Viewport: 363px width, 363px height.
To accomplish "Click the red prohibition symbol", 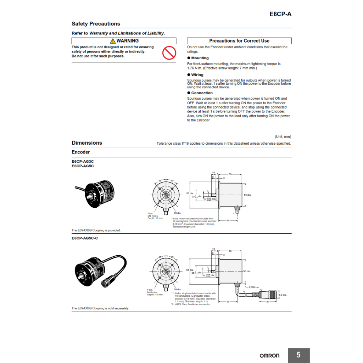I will pos(169,53).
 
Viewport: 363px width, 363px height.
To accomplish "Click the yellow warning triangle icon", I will pos(113,41).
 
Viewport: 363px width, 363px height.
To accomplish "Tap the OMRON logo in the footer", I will pos(269,356).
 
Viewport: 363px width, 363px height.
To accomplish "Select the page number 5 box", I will pos(298,355).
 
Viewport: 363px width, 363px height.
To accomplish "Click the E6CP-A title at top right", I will pos(280,14).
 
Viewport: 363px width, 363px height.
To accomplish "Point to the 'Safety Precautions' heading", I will pos(96,24).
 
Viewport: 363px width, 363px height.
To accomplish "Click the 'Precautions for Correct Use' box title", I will pos(239,41).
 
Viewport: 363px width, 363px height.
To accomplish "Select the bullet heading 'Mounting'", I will pos(200,58).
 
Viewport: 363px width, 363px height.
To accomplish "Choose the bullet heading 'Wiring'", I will pos(197,75).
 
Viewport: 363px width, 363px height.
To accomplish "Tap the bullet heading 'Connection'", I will pos(202,93).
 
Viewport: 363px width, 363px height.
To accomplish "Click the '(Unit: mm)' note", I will pos(283,136).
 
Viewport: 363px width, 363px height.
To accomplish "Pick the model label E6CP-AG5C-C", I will pos(85,238).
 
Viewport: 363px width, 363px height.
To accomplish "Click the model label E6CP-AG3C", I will pos(83,161).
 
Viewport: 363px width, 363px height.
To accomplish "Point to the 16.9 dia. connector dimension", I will pos(282,295).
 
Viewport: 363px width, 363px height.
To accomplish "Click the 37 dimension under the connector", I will pos(268,302).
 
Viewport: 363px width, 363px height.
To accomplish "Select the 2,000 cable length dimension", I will pos(252,286).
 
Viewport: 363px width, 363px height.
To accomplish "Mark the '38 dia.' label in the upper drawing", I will pos(177,213).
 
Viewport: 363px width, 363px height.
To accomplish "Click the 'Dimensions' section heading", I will pos(87,143).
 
